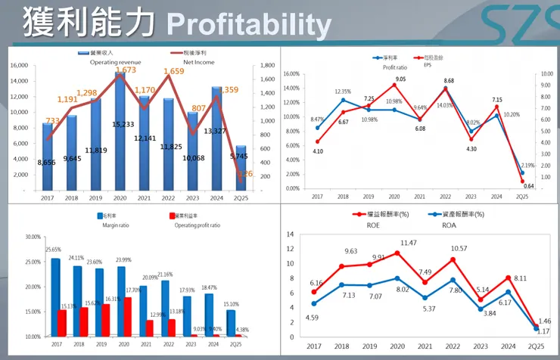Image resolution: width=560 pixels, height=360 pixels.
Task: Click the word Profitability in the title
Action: coord(249,26)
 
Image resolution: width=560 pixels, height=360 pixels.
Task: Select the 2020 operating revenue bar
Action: coord(119,132)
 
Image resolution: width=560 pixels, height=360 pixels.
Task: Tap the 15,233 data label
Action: coord(119,124)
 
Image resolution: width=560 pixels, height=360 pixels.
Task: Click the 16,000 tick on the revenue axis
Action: coord(19,66)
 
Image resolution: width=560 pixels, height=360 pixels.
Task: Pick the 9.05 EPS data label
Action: coord(400,79)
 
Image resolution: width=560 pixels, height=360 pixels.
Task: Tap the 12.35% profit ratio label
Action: coord(343,92)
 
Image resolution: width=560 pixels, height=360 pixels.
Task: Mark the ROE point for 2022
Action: coord(453,260)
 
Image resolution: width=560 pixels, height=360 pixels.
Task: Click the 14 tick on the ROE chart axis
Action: coord(291,234)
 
